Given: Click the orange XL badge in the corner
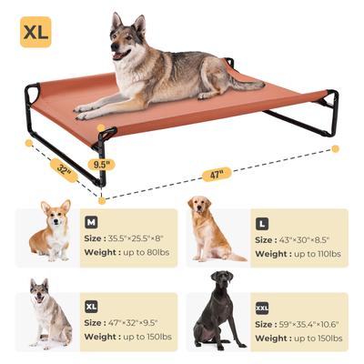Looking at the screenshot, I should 35,32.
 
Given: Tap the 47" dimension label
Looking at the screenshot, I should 217,173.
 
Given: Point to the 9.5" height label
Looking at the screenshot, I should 102,165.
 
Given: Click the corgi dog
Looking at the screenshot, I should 52,234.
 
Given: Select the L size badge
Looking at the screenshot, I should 262,223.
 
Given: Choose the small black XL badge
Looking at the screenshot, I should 91,307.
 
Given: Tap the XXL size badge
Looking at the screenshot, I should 262,308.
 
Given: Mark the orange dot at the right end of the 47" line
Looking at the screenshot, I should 335,148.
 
